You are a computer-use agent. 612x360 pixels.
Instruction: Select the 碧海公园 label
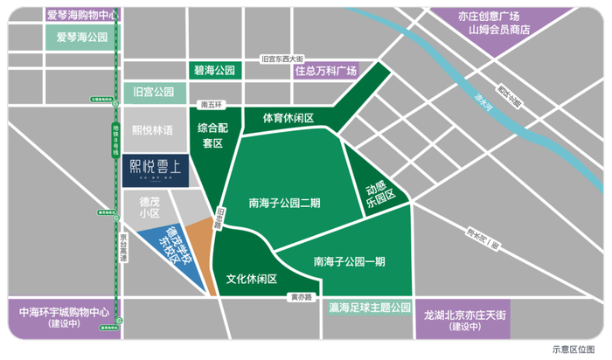[x=213, y=70]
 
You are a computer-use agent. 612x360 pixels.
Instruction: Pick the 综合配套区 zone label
[x=212, y=135]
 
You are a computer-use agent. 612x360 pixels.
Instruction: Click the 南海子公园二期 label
[x=284, y=203]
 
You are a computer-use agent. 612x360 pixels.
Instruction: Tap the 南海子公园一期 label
[x=349, y=260]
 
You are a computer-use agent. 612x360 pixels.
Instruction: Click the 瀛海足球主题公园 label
[x=370, y=308]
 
